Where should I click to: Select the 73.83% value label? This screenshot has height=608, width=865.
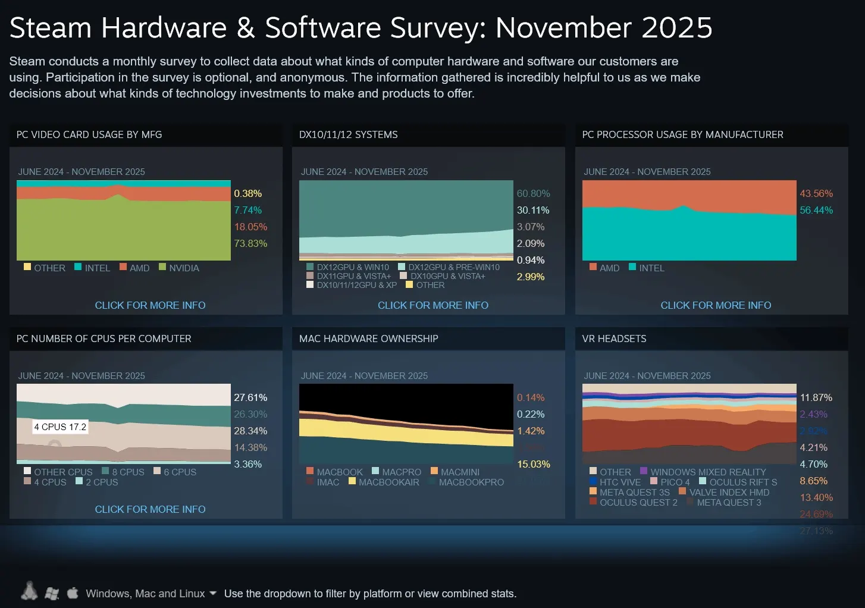coord(250,243)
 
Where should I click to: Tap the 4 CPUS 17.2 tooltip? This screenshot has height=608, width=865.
coord(60,427)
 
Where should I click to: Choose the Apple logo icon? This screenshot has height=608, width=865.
coord(73,593)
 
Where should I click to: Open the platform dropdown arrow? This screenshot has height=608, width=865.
coord(213,593)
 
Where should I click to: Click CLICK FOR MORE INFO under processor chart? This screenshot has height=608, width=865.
coord(716,305)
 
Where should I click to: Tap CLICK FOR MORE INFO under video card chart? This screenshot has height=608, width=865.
coord(150,305)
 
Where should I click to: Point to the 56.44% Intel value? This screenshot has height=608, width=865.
coord(816,210)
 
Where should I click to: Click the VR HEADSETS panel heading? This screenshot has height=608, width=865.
coord(614,339)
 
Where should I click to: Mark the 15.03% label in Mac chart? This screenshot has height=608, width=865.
coord(533,464)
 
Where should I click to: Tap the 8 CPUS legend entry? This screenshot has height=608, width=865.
coord(127,472)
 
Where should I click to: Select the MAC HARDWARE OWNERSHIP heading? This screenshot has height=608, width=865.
coord(368,339)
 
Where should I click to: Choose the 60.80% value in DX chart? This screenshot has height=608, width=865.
coord(533,193)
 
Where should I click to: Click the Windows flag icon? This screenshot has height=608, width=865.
coord(52,593)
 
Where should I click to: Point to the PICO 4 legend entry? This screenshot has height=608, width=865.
coord(674,482)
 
